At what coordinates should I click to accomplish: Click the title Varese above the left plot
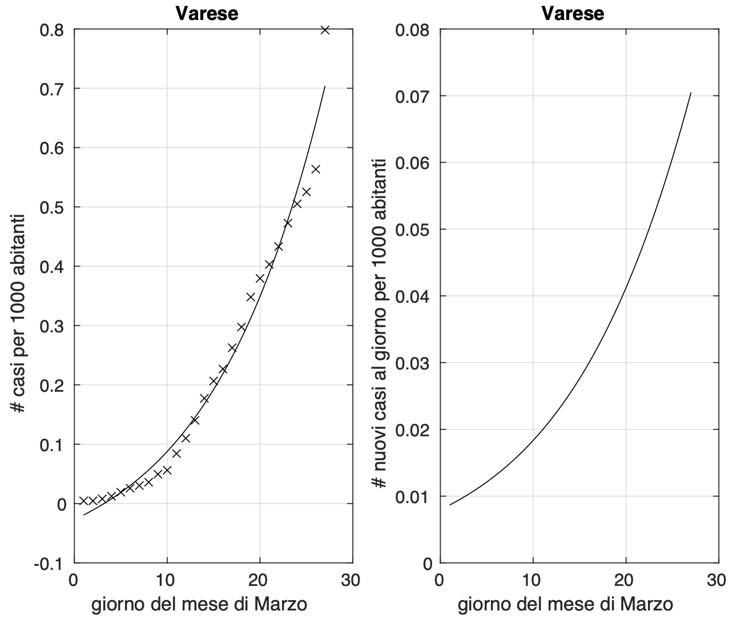pyautogui.click(x=207, y=13)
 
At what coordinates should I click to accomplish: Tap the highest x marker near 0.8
pyautogui.click(x=325, y=30)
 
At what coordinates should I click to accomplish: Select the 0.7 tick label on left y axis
pyautogui.click(x=52, y=89)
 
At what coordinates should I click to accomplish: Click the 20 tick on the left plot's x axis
pyautogui.click(x=260, y=580)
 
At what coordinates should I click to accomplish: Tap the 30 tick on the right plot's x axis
pyautogui.click(x=718, y=580)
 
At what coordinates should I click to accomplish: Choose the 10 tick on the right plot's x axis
pyautogui.click(x=532, y=580)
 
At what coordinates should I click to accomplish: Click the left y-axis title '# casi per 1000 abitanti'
pyautogui.click(x=18, y=314)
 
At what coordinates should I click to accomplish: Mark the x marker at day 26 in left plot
pyautogui.click(x=316, y=169)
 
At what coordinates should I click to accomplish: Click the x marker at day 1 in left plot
pyautogui.click(x=83, y=500)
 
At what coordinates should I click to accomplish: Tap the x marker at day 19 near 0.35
pyautogui.click(x=251, y=297)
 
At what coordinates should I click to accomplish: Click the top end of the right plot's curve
pyautogui.click(x=691, y=93)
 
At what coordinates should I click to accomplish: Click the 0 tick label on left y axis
pyautogui.click(x=61, y=504)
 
